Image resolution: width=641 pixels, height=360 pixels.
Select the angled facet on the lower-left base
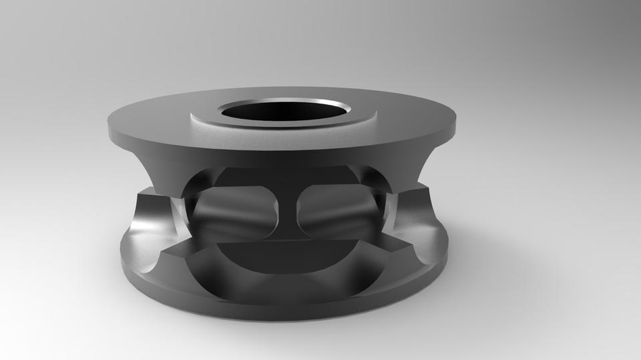(167, 267)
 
